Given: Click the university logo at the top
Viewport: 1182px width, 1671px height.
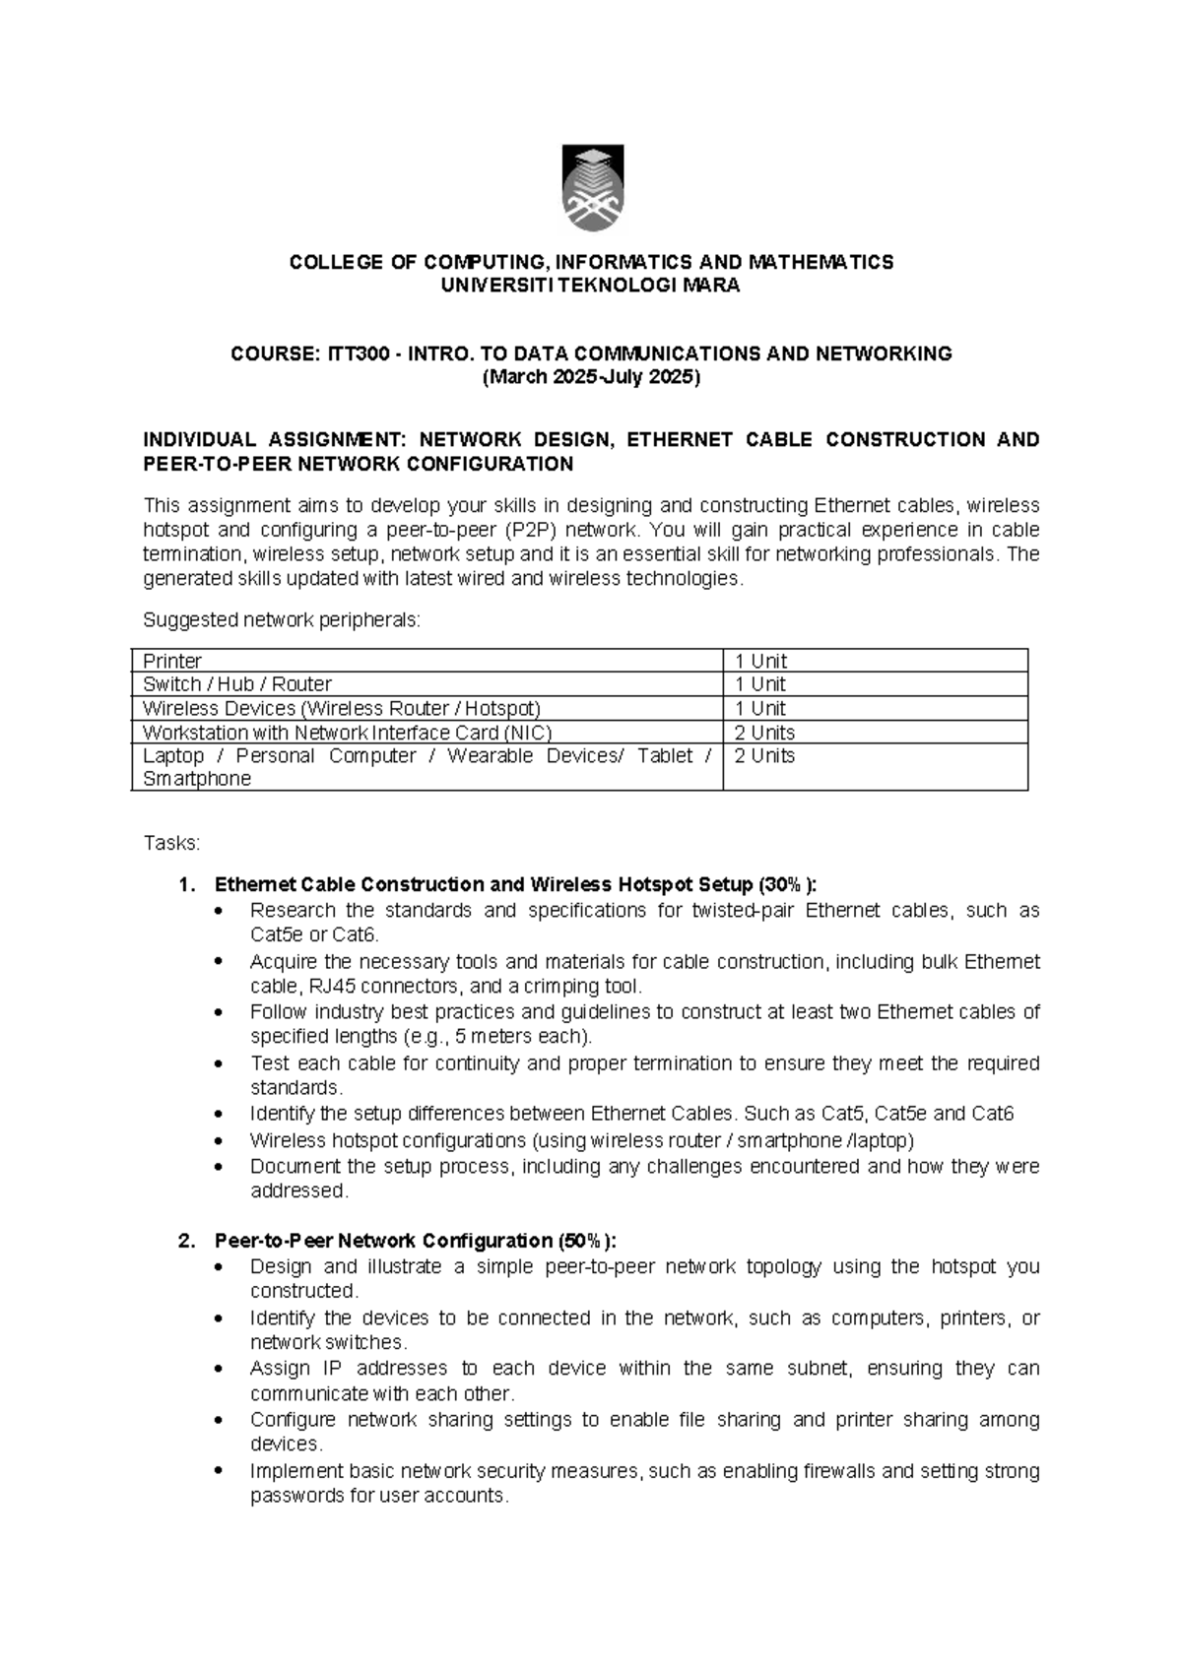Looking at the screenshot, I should pos(592,189).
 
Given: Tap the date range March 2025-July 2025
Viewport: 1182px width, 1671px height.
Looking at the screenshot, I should pos(591,378).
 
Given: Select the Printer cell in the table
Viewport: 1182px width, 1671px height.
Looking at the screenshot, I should pos(172,661).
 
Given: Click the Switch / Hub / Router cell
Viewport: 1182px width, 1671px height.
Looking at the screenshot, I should pos(237,684).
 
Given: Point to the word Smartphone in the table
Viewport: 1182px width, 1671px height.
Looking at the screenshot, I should pos(197,779).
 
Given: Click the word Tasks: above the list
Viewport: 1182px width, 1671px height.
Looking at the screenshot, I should pos(171,844).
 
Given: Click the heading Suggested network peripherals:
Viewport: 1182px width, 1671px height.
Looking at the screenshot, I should pos(282,620).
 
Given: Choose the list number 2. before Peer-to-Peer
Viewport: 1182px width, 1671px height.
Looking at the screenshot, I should pos(187,1241).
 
